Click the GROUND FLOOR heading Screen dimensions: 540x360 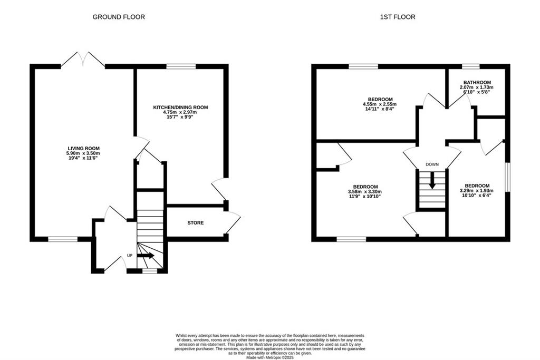(x=119, y=17)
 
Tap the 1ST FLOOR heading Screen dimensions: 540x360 (x=398, y=17)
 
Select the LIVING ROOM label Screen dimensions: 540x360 (x=84, y=148)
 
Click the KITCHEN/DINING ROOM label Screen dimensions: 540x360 (x=180, y=108)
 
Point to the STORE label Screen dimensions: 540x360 (x=195, y=222)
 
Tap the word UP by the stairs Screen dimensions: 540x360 (x=130, y=255)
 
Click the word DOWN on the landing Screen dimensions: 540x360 (x=432, y=164)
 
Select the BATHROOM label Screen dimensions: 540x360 (x=477, y=83)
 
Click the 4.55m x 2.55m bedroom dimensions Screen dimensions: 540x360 (x=380, y=104)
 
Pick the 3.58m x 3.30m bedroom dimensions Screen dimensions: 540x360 (x=365, y=192)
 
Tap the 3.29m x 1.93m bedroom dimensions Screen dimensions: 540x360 (x=477, y=191)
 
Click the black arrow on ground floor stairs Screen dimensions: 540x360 (x=146, y=255)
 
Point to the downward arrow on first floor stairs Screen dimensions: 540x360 (x=432, y=181)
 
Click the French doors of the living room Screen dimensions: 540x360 (x=83, y=59)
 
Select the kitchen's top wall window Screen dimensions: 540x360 (x=181, y=66)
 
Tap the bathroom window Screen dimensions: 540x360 (x=470, y=66)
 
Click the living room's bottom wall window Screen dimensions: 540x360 (x=63, y=239)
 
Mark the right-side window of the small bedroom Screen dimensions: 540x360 (x=507, y=177)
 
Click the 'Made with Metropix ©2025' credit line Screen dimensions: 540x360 (x=269, y=357)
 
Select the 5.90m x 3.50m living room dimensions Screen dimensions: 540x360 (x=84, y=153)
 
